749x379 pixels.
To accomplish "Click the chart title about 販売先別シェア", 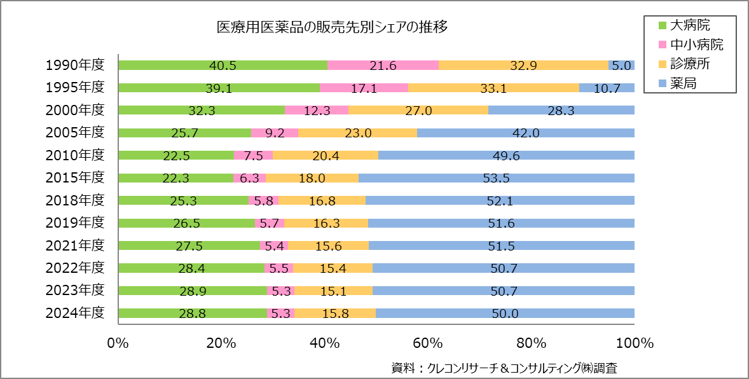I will pyautogui.click(x=333, y=27).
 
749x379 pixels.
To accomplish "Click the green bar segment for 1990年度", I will pyautogui.click(x=223, y=65).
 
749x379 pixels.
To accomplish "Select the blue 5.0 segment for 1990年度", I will pyautogui.click(x=621, y=65).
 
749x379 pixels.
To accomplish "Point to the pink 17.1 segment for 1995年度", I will pyautogui.click(x=364, y=88).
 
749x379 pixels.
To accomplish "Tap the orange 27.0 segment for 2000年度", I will pyautogui.click(x=418, y=110).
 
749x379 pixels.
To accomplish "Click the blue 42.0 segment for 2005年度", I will pyautogui.click(x=525, y=133).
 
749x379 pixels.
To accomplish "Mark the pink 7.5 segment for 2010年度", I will pyautogui.click(x=253, y=155).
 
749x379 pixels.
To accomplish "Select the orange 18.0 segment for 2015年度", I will pyautogui.click(x=312, y=177).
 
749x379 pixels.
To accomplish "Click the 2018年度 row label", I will pyautogui.click(x=74, y=200).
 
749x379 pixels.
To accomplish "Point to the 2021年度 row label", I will pyautogui.click(x=74, y=245).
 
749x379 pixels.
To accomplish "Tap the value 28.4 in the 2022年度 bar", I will pyautogui.click(x=191, y=268).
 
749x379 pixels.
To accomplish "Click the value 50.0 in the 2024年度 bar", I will pyautogui.click(x=505, y=313).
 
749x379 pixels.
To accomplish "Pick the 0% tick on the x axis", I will pyautogui.click(x=118, y=343).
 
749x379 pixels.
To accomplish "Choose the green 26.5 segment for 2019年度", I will pyautogui.click(x=187, y=223).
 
